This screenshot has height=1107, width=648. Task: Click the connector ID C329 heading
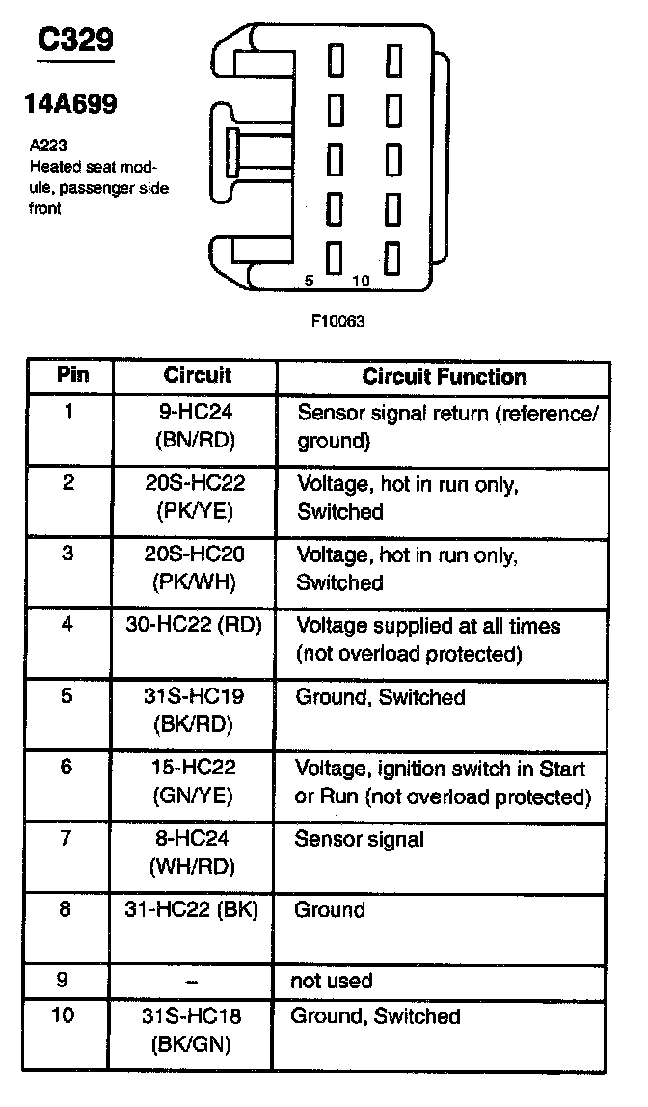pos(75,40)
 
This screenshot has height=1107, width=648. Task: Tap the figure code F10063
pos(337,321)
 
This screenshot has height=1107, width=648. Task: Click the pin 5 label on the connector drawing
pos(309,281)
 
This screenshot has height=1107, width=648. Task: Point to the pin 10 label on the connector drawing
pos(361,281)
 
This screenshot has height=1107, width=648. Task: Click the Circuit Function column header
pos(444,377)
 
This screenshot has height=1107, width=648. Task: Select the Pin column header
pos(72,375)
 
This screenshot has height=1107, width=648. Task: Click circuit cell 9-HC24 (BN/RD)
pos(196,426)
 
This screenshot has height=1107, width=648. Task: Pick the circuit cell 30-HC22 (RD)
pos(195,625)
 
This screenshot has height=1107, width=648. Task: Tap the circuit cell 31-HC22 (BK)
pos(195,909)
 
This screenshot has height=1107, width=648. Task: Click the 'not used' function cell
pos(331,981)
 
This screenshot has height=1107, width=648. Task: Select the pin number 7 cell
pos(66,838)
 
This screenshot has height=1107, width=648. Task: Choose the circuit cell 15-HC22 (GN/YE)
pos(196,782)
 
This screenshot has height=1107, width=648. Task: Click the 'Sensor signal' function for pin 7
pos(358,839)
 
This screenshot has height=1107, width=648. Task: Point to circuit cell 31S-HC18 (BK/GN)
pos(195,1030)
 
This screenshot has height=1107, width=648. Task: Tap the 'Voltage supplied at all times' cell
pos(427,639)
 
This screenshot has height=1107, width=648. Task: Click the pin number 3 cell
pos(67,554)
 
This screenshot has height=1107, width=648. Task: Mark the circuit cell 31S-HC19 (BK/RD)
pos(195,711)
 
